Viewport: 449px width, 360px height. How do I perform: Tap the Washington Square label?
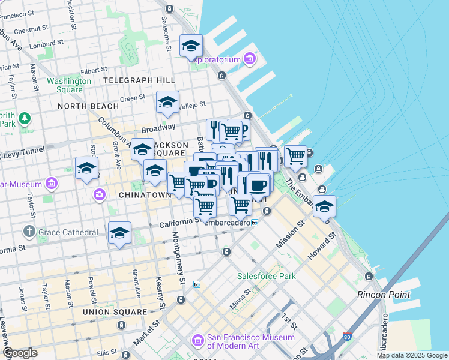(69, 85)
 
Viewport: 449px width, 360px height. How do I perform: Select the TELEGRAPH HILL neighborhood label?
(139, 80)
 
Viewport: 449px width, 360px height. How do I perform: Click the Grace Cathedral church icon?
(29, 232)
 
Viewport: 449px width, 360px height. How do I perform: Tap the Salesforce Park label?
(267, 277)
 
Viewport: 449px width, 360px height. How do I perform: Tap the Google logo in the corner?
(20, 353)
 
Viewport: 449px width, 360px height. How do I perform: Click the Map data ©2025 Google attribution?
(412, 355)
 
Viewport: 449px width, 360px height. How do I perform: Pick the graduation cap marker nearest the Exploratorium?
(191, 46)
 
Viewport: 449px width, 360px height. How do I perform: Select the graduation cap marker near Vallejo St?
(167, 102)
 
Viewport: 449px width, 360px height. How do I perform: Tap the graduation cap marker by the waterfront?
(324, 207)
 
